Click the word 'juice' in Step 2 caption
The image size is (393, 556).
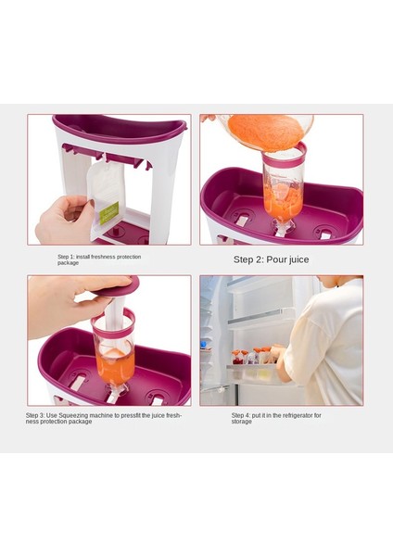click(298, 259)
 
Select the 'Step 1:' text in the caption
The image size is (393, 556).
click(67, 257)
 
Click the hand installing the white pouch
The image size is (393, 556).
click(65, 220)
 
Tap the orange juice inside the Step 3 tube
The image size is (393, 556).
click(115, 367)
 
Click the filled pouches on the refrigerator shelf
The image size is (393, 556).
click(252, 356)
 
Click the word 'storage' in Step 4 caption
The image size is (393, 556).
click(242, 422)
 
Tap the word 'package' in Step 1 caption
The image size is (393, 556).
click(68, 263)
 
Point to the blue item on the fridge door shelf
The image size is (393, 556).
click(204, 344)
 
